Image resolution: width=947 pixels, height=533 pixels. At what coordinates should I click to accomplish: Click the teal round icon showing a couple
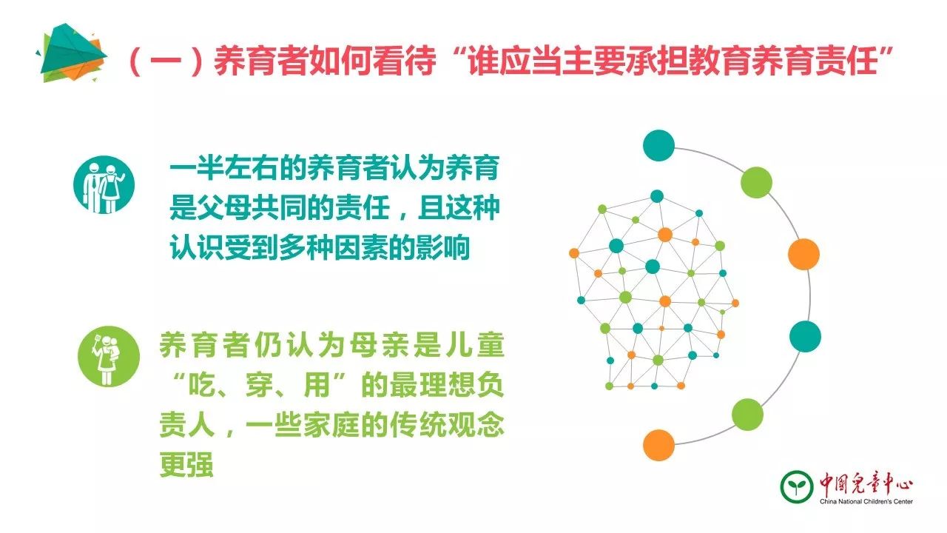click(x=104, y=185)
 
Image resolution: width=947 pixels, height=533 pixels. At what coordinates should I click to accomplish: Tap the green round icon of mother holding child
click(x=109, y=356)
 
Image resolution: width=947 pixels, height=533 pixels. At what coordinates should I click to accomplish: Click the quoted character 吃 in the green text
click(x=202, y=385)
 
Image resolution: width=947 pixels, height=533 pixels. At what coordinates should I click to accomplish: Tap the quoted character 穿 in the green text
click(x=260, y=385)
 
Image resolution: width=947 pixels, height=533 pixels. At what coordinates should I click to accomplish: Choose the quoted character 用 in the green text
click(x=317, y=385)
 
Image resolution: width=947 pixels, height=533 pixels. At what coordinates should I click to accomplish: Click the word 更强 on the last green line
click(x=186, y=464)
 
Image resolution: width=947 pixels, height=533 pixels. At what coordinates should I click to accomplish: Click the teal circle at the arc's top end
click(x=658, y=146)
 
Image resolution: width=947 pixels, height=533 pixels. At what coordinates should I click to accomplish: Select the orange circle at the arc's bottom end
click(x=658, y=445)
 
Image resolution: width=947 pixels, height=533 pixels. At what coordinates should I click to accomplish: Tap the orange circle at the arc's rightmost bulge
click(x=803, y=254)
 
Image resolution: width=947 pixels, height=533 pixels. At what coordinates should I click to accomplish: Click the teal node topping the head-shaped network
click(x=656, y=196)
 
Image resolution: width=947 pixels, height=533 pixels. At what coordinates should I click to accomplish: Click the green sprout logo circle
click(x=797, y=486)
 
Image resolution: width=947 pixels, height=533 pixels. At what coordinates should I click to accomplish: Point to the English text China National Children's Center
click(x=866, y=502)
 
